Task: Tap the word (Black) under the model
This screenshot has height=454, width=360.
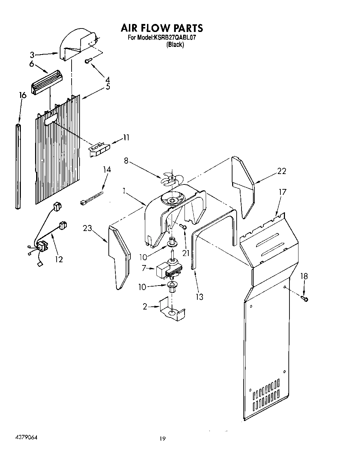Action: click(x=175, y=44)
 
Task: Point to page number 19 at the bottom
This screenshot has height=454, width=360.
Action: click(x=162, y=439)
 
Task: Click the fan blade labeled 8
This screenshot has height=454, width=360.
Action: click(x=172, y=179)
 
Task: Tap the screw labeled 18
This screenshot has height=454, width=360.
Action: click(x=305, y=298)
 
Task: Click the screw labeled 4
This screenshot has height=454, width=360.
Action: click(x=89, y=61)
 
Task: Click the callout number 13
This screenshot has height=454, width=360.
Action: click(x=199, y=297)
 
